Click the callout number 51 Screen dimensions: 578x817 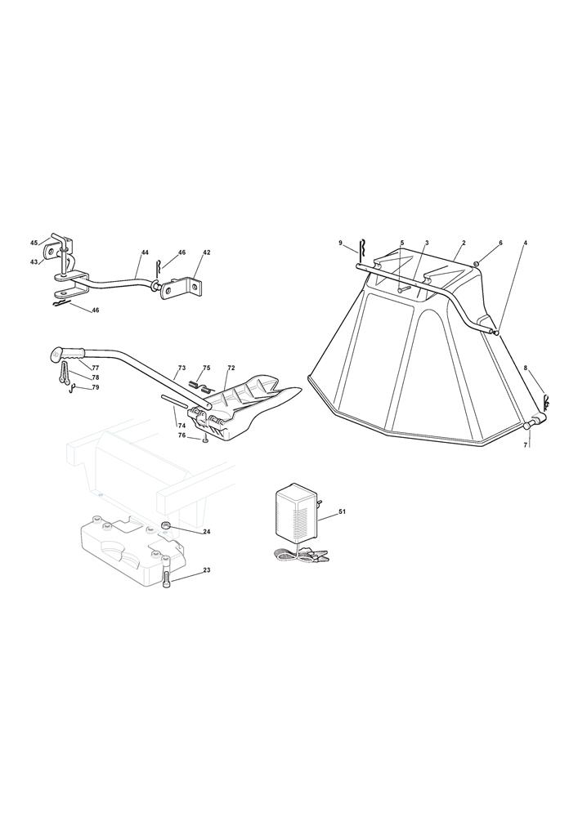tap(342, 511)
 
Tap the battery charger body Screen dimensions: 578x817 tap(294, 514)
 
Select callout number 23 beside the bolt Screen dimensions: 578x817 tap(206, 570)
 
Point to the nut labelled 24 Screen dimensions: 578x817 tap(166, 525)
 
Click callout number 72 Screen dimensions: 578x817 tap(231, 368)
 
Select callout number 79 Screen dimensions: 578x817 tap(96, 387)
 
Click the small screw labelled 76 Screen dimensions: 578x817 tap(205, 440)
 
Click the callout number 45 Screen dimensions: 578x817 tap(34, 243)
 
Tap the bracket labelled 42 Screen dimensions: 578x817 tap(180, 286)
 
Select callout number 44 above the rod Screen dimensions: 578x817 tap(145, 252)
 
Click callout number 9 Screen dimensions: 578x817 tap(340, 243)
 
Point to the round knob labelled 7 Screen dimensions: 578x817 tap(527, 426)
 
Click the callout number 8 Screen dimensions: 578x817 tap(526, 368)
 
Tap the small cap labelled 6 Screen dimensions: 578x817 tap(477, 264)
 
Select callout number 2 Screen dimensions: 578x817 tap(464, 243)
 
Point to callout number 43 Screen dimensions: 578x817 tap(34, 262)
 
